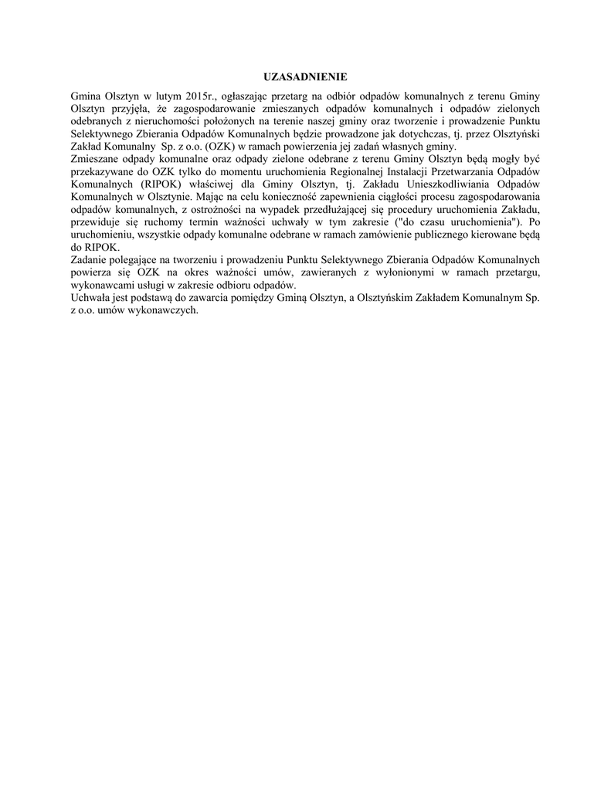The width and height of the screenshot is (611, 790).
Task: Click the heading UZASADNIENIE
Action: click(x=305, y=77)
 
